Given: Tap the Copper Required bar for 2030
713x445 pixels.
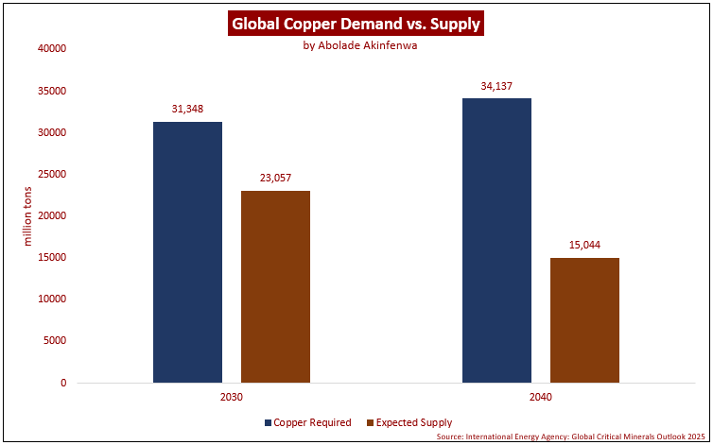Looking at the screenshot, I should point(187,252).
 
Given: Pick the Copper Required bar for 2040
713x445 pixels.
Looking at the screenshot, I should point(496,240).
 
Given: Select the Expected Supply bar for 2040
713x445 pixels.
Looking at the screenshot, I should point(584,320).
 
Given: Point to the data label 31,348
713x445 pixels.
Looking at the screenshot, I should point(187,110).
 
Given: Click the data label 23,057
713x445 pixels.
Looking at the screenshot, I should point(275,178).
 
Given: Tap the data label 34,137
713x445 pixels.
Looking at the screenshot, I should point(496,86).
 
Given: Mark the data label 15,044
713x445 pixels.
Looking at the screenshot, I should point(584,245).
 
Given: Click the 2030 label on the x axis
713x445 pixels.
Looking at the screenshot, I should point(232,398).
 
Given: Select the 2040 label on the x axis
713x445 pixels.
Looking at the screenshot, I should point(540,398).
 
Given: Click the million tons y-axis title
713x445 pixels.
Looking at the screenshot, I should point(27,215).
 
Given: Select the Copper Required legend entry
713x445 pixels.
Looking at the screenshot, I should point(308,422).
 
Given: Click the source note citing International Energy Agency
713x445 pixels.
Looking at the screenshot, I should point(572,437).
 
